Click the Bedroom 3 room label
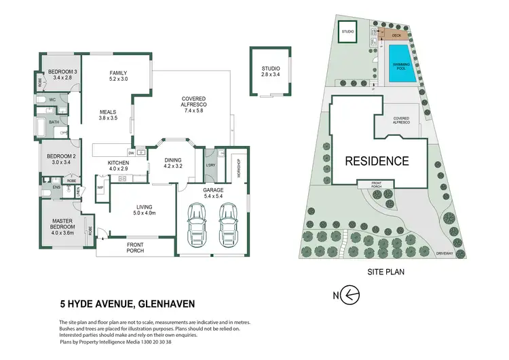58,74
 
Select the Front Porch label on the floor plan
136,249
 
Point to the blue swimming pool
402,66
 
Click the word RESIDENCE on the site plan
377,162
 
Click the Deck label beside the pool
396,35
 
